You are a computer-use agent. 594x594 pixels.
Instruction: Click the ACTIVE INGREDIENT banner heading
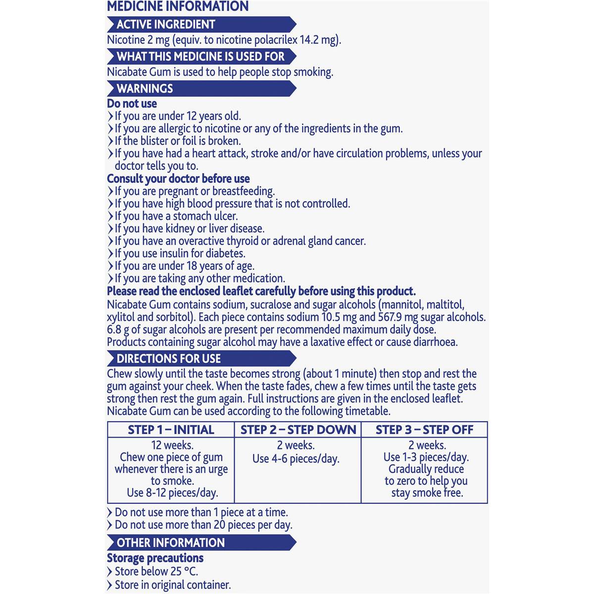(166, 24)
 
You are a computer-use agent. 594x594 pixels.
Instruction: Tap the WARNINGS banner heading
(145, 89)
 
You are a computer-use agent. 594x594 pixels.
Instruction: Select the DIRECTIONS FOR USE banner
(168, 358)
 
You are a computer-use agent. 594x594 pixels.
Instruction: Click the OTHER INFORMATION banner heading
(170, 543)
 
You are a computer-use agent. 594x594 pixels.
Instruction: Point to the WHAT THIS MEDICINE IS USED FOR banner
(200, 56)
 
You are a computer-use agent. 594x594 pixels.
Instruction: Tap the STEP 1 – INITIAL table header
(171, 430)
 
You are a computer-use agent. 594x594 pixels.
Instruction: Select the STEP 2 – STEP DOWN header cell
(298, 430)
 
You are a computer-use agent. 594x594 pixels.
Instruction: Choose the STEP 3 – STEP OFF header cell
(424, 430)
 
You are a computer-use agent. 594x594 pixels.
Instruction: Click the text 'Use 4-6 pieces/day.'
(296, 459)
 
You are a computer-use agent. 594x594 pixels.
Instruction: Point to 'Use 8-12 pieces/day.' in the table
(172, 493)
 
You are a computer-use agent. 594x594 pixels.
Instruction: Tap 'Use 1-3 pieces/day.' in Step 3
(426, 457)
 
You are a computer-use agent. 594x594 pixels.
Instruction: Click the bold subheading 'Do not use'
(132, 103)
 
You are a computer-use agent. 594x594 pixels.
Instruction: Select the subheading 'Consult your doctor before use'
(178, 179)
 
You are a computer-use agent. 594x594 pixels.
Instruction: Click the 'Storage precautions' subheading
(155, 558)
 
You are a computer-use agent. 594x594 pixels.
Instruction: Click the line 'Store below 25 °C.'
(156, 571)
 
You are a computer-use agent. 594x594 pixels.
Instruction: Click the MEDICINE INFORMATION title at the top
(178, 7)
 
